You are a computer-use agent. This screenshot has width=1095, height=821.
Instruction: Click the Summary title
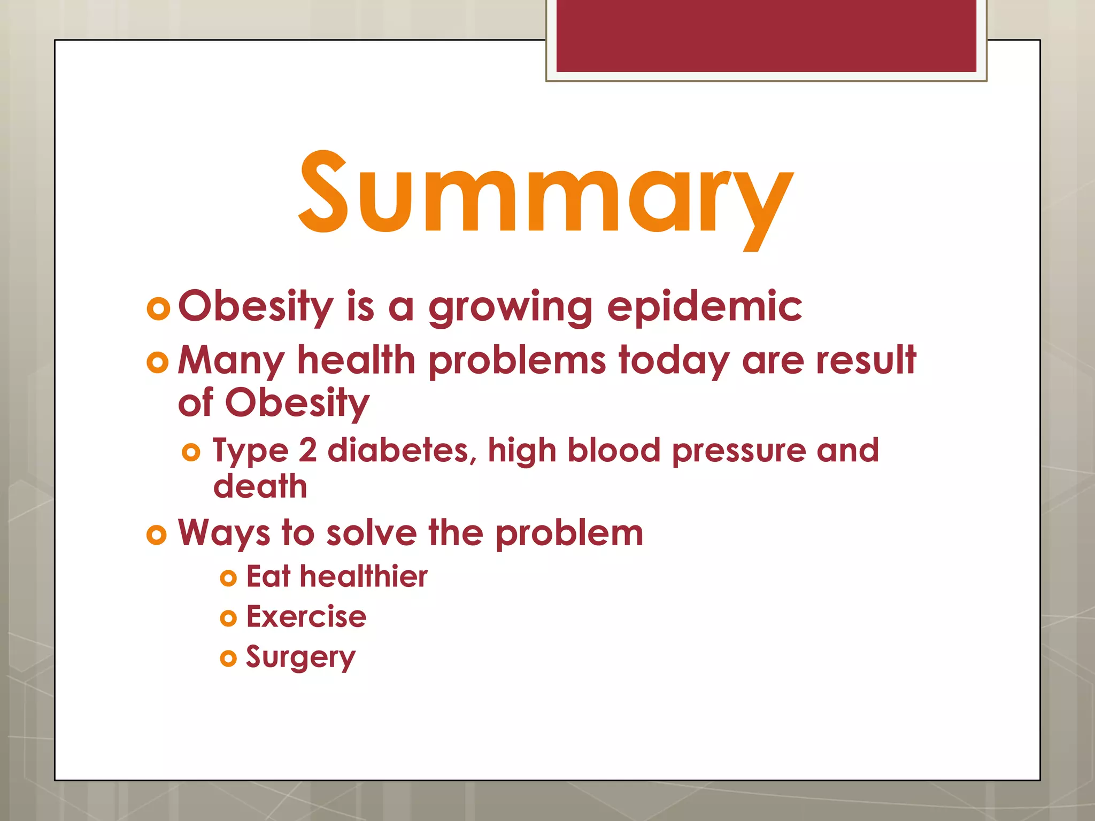point(545,195)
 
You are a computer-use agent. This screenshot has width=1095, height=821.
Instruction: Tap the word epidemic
point(704,307)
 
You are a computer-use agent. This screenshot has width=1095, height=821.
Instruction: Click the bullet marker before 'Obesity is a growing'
point(158,308)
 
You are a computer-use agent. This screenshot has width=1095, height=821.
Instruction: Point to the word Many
point(230,361)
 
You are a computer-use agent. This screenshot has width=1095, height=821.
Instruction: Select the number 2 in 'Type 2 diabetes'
point(307,450)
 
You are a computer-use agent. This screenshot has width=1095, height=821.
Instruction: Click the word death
point(260,486)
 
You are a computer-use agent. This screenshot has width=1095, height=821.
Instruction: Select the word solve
point(371,533)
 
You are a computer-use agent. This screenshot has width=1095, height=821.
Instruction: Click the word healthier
point(363,576)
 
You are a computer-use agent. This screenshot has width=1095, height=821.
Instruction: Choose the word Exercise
point(306,617)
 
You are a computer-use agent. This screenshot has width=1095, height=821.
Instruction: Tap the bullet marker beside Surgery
point(228,659)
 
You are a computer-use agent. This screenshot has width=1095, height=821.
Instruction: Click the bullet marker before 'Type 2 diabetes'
point(191,453)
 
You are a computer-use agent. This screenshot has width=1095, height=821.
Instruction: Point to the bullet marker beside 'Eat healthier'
point(228,578)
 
